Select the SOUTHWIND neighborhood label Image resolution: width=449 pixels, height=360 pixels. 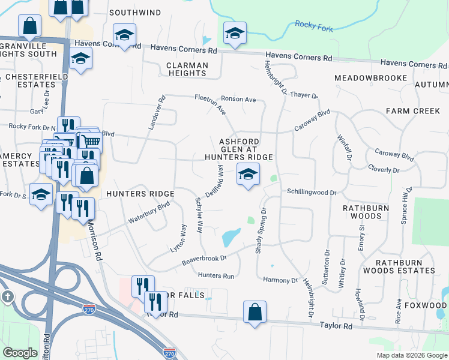coord(135,12)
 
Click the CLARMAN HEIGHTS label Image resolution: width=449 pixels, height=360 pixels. coord(187,69)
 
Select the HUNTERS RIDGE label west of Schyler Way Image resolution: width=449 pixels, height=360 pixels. coord(140,193)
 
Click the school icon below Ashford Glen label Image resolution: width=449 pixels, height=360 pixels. coord(246,175)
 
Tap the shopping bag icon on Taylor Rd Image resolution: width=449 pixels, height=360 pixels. coord(255,312)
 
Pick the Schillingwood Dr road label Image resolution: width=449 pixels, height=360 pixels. coord(312,193)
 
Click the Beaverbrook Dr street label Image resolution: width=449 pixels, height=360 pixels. coord(205,260)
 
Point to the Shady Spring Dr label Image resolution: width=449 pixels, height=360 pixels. coord(261,231)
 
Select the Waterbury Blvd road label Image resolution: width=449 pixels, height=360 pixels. coord(148,212)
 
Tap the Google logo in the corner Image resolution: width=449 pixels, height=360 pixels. coord(20,352)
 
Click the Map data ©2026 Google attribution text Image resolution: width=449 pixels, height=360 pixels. coord(411,355)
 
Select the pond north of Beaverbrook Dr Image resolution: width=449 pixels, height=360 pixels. coord(231,237)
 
